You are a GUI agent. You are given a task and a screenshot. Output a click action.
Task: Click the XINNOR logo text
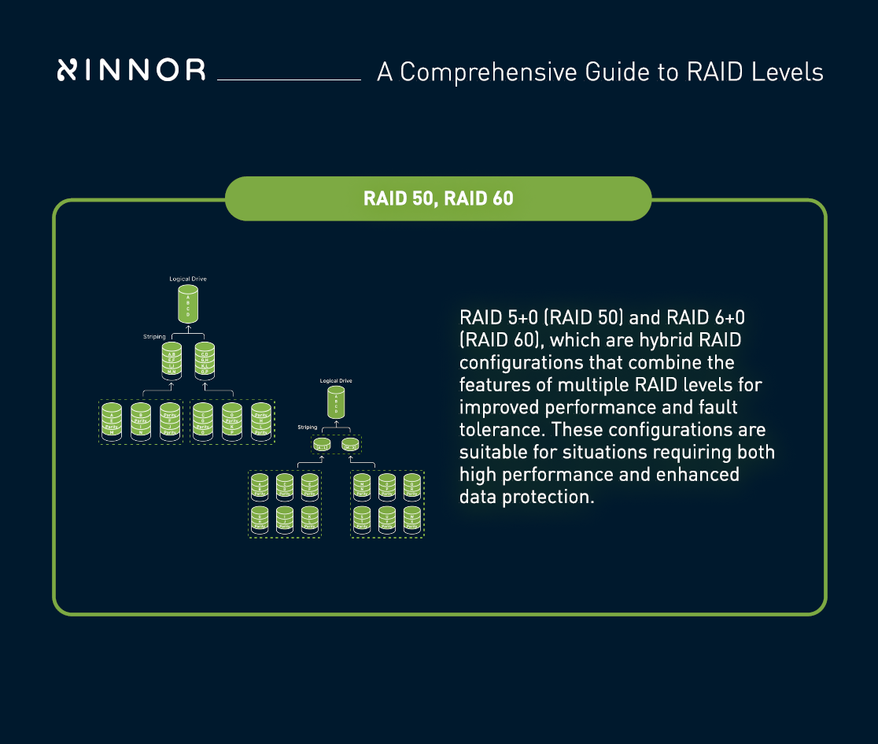click(x=131, y=70)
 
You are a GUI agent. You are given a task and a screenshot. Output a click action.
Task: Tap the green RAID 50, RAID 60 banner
click(x=438, y=198)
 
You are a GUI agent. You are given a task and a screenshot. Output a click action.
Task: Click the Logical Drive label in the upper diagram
click(x=188, y=279)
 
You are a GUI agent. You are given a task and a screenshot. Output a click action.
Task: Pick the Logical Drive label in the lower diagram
click(x=336, y=381)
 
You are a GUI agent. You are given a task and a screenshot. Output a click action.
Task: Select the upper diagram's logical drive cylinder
click(x=188, y=303)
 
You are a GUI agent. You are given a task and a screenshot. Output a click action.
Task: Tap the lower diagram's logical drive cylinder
click(x=336, y=403)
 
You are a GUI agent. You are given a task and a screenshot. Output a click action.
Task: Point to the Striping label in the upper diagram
click(x=154, y=336)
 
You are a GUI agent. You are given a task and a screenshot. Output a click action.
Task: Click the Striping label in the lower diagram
click(x=308, y=427)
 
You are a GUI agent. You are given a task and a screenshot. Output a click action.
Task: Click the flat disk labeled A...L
click(x=322, y=446)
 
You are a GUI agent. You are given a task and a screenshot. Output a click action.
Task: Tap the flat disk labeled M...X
click(x=351, y=446)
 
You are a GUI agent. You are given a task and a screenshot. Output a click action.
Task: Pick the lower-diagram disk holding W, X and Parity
click(x=412, y=519)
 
